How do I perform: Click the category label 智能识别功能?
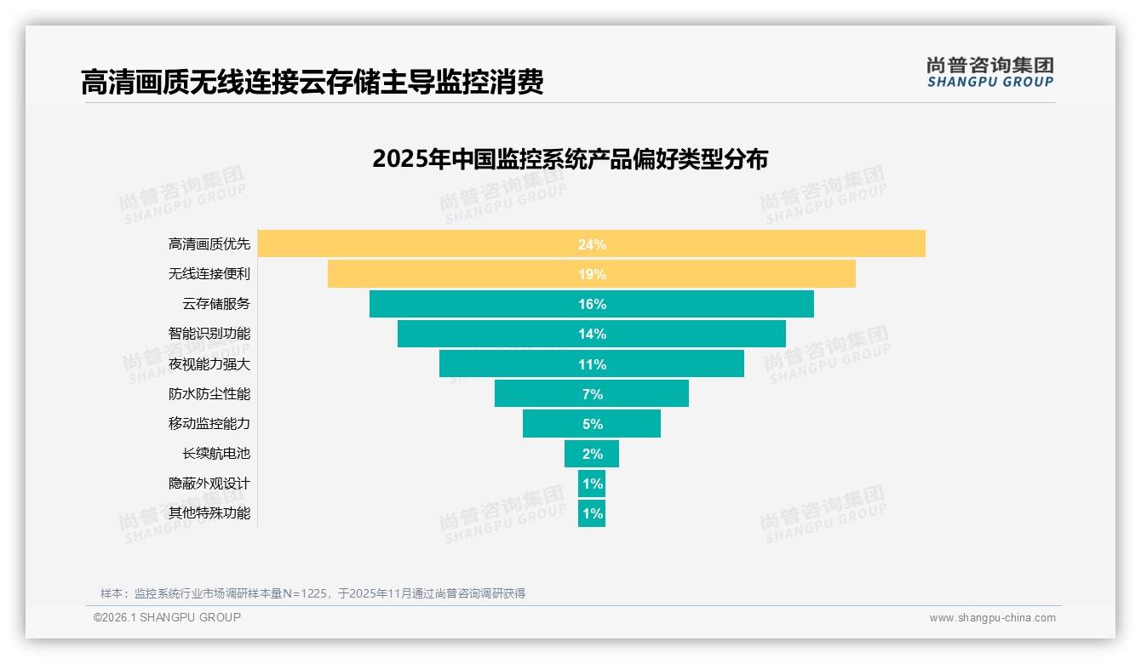209,334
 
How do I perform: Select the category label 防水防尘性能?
209,393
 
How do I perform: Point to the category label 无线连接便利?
209,274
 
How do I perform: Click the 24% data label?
592,244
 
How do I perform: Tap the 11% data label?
592,364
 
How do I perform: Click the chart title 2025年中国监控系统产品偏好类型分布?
570,159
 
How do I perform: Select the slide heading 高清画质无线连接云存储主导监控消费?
312,82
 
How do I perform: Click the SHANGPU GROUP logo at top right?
989,72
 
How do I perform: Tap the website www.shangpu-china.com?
992,618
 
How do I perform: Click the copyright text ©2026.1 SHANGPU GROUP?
167,617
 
